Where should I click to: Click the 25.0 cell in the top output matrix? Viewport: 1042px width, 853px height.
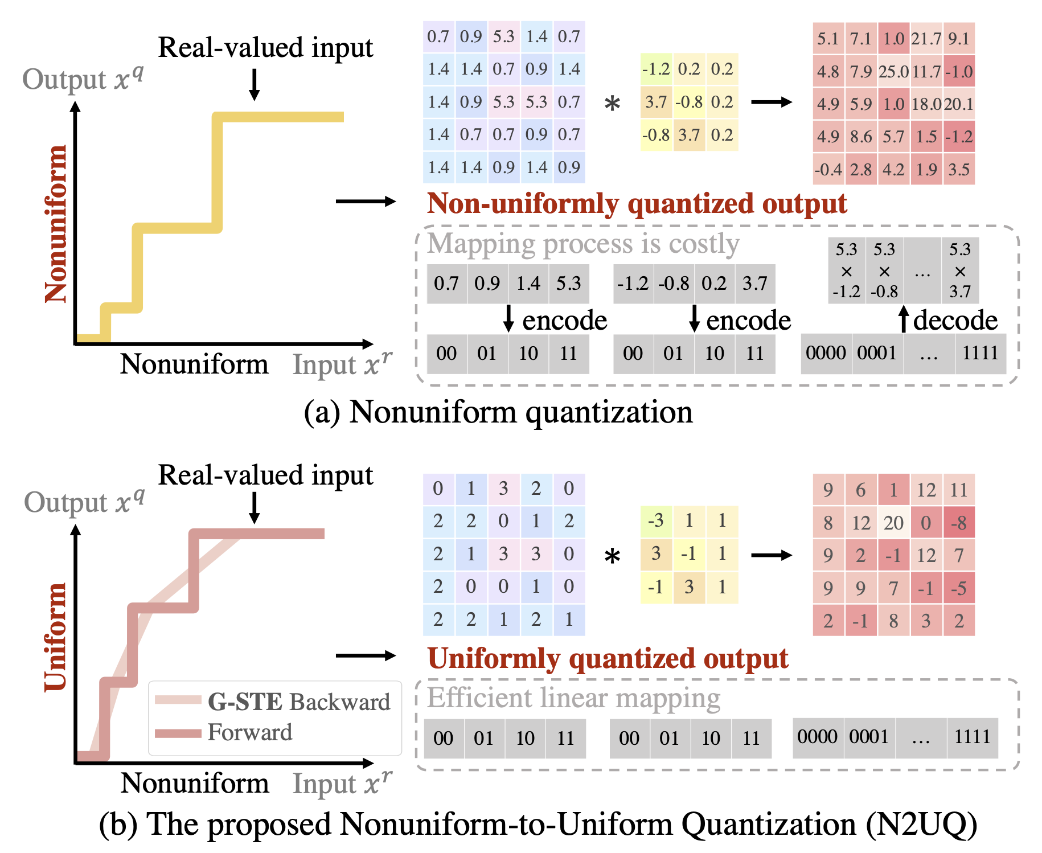click(893, 72)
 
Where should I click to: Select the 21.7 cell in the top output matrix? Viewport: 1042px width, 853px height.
click(926, 39)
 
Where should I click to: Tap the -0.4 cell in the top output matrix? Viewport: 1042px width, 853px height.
click(828, 170)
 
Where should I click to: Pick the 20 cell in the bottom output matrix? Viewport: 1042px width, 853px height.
click(893, 523)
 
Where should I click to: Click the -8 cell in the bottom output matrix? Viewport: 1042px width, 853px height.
click(959, 523)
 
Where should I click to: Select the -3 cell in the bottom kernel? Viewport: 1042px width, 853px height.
click(656, 520)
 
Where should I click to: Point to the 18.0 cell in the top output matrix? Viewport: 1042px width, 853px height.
click(926, 104)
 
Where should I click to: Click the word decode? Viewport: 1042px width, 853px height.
click(955, 321)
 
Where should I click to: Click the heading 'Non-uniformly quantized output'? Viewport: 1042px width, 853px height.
click(637, 204)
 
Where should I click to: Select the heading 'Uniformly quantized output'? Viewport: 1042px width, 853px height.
click(608, 658)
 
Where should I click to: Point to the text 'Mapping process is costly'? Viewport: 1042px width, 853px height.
click(583, 244)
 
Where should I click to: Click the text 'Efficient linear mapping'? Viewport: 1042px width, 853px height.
click(573, 698)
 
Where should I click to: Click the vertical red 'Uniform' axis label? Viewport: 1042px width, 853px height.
click(56, 637)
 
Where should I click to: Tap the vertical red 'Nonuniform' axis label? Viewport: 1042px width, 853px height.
click(56, 223)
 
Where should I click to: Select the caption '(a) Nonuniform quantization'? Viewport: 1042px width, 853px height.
click(498, 412)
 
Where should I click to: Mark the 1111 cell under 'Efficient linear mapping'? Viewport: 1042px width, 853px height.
click(972, 737)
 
